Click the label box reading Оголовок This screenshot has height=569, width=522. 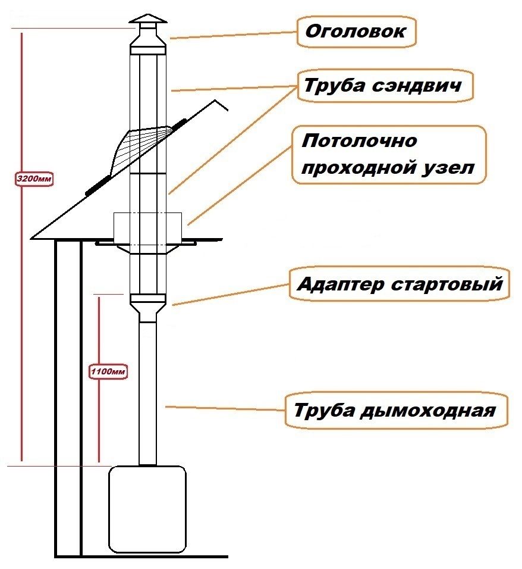click(356, 31)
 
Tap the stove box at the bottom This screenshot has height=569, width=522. click(147, 508)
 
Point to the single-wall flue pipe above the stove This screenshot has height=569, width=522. click(147, 393)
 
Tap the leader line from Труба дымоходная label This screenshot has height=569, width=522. click(226, 409)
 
